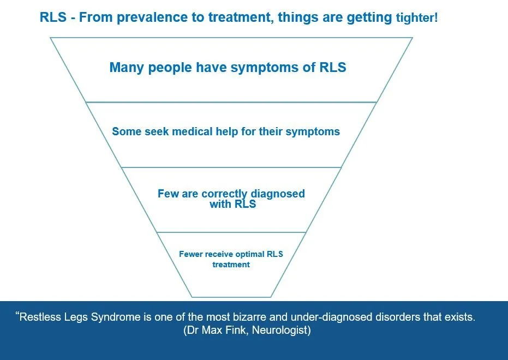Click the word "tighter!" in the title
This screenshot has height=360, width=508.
coord(416,18)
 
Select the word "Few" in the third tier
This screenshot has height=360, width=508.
coord(168,194)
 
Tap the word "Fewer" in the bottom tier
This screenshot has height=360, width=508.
coord(192,254)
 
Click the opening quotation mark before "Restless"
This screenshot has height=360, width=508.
coord(17,314)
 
